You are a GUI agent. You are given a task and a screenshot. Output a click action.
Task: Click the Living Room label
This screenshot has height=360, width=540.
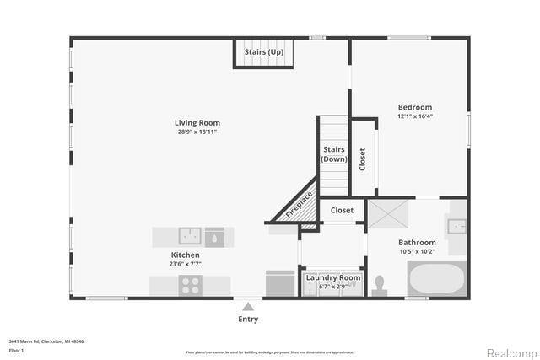click(198, 123)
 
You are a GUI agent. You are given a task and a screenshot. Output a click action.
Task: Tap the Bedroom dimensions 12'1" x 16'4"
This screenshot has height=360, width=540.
click(415, 116)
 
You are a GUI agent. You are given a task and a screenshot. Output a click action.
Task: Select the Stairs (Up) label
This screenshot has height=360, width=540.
click(263, 52)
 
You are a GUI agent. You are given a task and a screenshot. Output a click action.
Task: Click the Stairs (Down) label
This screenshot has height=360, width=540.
click(334, 154)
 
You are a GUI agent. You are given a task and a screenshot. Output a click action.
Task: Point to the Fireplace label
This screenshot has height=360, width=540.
click(299, 205)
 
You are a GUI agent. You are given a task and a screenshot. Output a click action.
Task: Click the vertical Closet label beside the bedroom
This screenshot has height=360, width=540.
click(363, 159)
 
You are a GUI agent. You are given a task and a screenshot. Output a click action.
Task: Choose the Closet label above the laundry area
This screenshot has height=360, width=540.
click(342, 210)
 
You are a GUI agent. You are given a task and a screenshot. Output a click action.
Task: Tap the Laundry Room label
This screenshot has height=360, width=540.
click(332, 277)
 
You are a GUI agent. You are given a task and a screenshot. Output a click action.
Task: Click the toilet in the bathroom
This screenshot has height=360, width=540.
click(379, 283)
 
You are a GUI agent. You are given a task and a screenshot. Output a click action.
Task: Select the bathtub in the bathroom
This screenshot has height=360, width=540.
click(436, 278)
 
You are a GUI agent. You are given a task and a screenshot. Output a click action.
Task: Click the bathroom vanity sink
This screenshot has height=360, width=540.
click(456, 226)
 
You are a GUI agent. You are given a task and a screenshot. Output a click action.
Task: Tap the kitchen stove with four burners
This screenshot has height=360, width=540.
click(191, 285)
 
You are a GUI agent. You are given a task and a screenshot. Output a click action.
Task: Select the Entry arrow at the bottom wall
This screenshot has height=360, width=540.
click(247, 306)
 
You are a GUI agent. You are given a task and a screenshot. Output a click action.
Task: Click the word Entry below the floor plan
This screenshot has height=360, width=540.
click(248, 320)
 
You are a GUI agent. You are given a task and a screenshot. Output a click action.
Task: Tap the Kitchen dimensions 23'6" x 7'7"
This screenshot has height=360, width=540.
click(186, 264)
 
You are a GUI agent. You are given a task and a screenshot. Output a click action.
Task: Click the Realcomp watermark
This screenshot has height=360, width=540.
click(511, 352)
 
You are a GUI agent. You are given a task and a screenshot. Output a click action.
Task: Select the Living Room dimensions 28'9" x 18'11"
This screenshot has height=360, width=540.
click(198, 132)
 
